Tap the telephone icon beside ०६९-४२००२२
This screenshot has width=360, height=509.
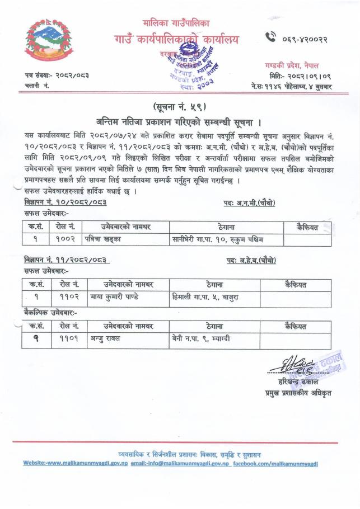[270, 38]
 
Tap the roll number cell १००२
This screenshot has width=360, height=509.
[67, 240]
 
